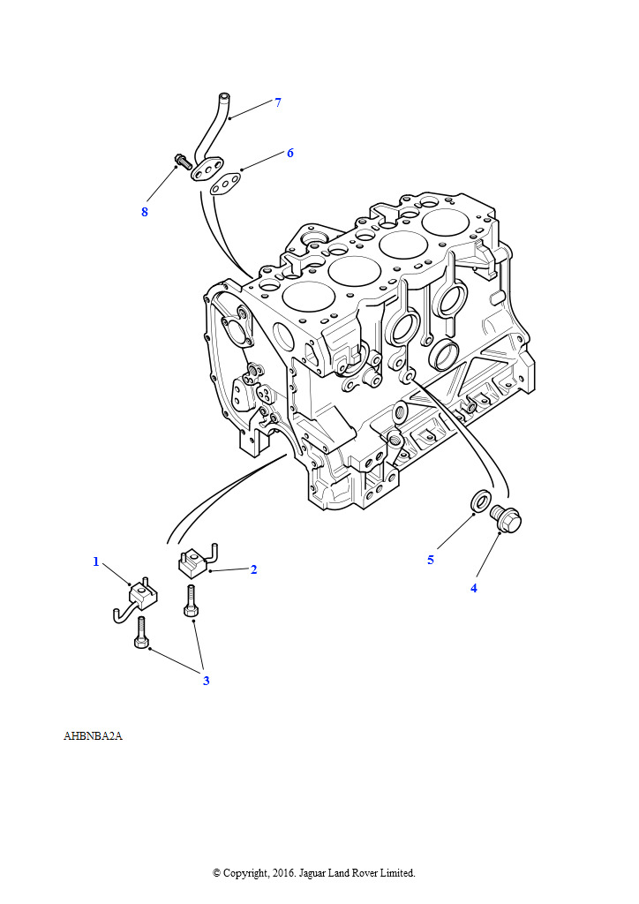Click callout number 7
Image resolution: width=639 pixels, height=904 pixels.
[x=278, y=102]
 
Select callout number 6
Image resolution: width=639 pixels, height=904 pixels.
[x=289, y=153]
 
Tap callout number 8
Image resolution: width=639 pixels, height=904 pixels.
[x=145, y=212]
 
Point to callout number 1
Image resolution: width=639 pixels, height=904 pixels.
[x=96, y=561]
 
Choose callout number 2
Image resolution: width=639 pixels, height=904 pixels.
[x=253, y=569]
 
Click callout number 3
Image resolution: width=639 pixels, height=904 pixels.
[x=207, y=681]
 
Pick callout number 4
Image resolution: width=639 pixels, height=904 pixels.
[x=474, y=588]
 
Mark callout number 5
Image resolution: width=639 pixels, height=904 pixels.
[x=431, y=560]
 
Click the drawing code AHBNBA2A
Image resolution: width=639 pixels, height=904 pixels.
[x=93, y=736]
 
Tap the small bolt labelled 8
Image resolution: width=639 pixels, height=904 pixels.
[x=182, y=161]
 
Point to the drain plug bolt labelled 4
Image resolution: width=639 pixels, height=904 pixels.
[x=506, y=518]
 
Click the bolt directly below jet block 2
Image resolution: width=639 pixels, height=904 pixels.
[x=192, y=600]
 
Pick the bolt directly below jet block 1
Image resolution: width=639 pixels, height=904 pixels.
[x=142, y=632]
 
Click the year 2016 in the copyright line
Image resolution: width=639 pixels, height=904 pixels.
[x=282, y=873]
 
